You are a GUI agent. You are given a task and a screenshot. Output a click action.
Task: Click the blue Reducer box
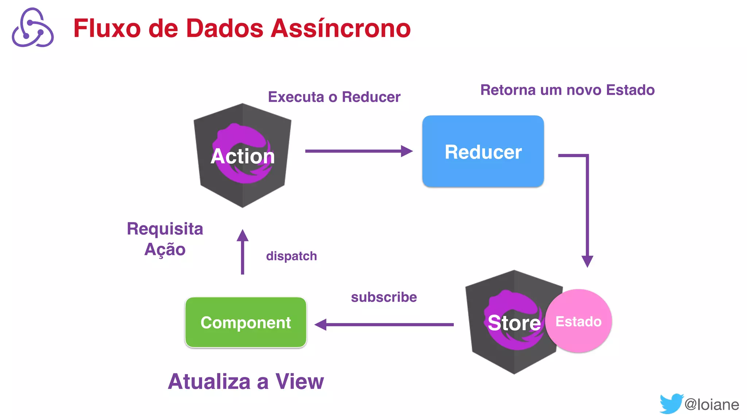(x=483, y=151)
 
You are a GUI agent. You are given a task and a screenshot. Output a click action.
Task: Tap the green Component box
(x=245, y=322)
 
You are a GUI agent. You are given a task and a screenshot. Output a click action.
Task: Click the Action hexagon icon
(x=242, y=156)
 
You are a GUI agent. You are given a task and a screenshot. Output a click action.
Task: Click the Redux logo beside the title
(x=33, y=28)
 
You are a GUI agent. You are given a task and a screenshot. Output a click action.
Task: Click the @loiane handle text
(x=712, y=404)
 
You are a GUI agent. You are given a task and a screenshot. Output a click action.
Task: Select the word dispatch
(x=291, y=256)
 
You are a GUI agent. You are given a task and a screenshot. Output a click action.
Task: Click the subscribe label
(x=384, y=297)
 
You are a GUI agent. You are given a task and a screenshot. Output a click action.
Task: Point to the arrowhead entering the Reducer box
(x=406, y=151)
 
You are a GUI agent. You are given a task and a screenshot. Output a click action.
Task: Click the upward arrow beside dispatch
(x=242, y=252)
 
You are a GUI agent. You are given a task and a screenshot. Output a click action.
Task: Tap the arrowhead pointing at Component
(x=321, y=324)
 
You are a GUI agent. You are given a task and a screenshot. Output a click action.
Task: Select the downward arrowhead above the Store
(x=587, y=261)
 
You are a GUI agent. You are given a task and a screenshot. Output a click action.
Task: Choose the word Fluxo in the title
(x=107, y=28)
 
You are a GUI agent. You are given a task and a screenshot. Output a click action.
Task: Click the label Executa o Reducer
(x=334, y=97)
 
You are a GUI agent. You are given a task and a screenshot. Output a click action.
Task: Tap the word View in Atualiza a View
(x=299, y=381)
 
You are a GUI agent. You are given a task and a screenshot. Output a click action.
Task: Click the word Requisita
(x=165, y=229)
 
